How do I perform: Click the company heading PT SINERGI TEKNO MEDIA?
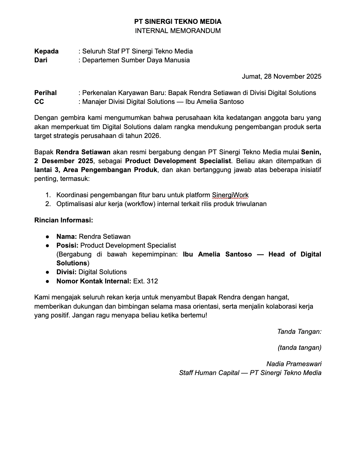click(178, 21)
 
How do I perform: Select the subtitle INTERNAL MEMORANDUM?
click(178, 31)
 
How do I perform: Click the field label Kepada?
click(46, 51)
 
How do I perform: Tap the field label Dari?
click(41, 60)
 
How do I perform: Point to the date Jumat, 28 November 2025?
click(282, 76)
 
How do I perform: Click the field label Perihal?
click(45, 93)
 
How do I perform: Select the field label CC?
click(39, 102)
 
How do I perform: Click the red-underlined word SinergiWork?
click(230, 195)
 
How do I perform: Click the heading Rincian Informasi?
click(64, 220)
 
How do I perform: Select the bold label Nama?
click(66, 237)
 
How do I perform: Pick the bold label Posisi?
click(67, 246)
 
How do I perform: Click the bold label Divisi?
click(66, 272)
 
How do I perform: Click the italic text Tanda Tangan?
click(299, 331)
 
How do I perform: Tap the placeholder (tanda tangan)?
click(299, 348)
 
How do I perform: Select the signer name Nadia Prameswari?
click(294, 364)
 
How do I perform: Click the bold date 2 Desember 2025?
click(63, 161)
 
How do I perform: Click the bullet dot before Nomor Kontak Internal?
click(48, 281)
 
